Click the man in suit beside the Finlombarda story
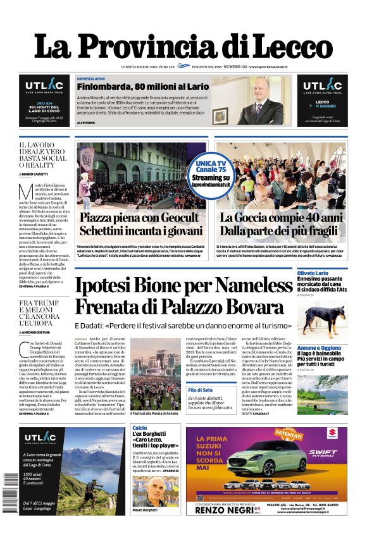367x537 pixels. [259, 102]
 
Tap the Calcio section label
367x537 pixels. [140, 428]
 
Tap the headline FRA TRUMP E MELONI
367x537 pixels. [43, 313]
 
